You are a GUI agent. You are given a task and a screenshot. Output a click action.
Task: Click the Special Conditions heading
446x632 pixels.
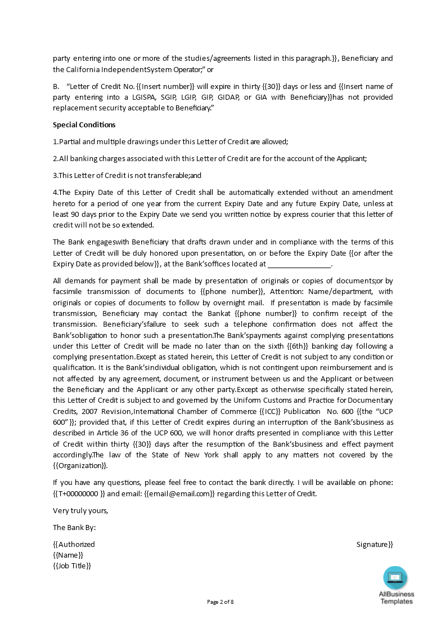pyautogui.click(x=84, y=125)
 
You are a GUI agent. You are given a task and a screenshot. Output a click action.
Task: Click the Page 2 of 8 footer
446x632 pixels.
pyautogui.click(x=220, y=602)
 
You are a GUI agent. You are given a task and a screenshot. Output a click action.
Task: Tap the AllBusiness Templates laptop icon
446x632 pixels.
pyautogui.click(x=395, y=578)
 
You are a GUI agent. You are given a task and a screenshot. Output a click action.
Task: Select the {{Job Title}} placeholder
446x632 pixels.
pyautogui.click(x=72, y=566)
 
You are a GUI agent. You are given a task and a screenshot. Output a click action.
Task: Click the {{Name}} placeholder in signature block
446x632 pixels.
pyautogui.click(x=68, y=555)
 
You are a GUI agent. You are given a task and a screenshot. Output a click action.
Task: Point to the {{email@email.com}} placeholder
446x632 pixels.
pyautogui.click(x=179, y=493)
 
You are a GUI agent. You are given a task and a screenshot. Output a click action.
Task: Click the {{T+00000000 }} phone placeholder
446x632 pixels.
pyautogui.click(x=79, y=493)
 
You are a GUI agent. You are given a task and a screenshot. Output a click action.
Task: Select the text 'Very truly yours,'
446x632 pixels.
pyautogui.click(x=80, y=510)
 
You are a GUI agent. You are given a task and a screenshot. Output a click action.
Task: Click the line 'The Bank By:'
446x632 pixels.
pyautogui.click(x=74, y=527)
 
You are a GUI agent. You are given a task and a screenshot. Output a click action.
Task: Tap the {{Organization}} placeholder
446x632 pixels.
pyautogui.click(x=80, y=465)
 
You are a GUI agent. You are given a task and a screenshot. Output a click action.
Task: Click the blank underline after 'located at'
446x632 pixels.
pyautogui.click(x=300, y=264)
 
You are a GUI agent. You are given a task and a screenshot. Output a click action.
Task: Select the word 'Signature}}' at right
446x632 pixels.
pyautogui.click(x=375, y=544)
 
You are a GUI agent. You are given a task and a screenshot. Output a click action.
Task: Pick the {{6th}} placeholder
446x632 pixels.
pyautogui.click(x=295, y=346)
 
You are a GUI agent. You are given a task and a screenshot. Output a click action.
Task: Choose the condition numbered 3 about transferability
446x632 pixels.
pyautogui.click(x=127, y=175)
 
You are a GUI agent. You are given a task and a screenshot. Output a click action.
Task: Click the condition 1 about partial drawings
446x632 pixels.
pyautogui.click(x=170, y=141)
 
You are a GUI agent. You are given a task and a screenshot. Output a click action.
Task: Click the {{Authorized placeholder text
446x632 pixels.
pyautogui.click(x=74, y=544)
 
